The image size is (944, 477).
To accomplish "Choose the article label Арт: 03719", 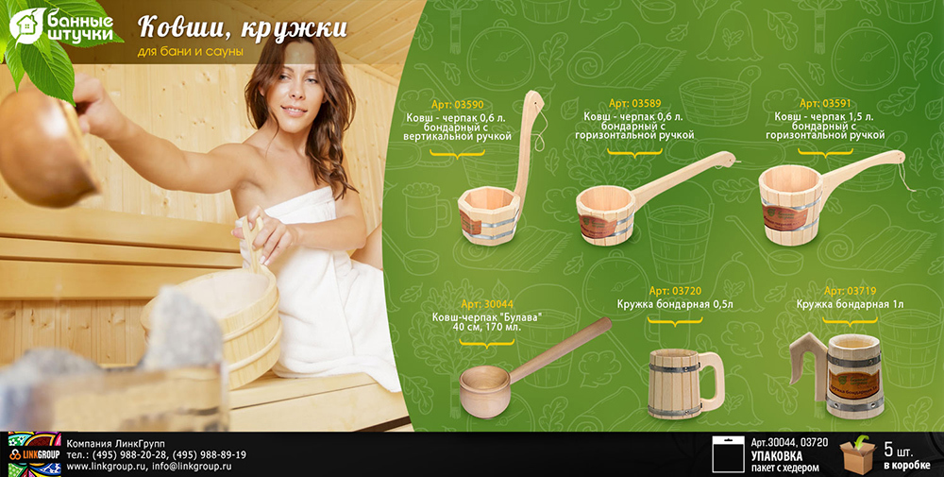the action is point(851,292).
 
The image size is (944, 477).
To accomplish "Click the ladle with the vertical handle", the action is point(499,168).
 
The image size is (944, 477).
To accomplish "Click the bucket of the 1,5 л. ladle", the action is point(790,205).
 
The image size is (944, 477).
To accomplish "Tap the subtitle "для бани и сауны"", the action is point(191,52).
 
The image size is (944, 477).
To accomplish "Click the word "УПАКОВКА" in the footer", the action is point(777,455).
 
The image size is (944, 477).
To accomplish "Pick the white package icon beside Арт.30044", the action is point(728,454).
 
